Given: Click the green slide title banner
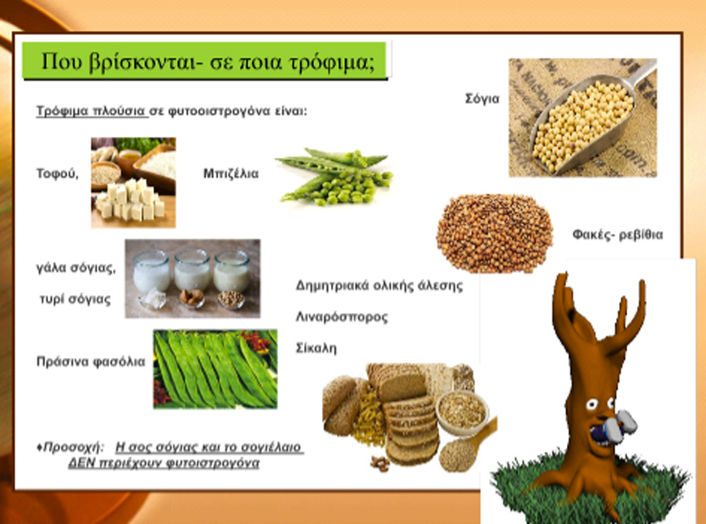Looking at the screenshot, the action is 205,60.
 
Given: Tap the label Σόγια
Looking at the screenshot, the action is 482,98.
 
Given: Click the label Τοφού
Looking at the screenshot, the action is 57,173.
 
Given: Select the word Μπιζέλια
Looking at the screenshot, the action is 231,173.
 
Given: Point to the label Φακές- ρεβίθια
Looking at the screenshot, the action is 618,234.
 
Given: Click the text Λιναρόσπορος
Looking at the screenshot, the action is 342,317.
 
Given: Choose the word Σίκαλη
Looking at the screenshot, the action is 316,348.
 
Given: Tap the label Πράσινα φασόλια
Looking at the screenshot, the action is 91,361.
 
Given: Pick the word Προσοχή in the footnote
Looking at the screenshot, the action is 73,448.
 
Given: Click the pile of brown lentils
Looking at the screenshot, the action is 495,234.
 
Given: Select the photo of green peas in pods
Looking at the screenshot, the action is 334,177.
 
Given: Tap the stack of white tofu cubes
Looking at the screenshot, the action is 130,199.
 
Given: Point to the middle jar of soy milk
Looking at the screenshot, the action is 192,270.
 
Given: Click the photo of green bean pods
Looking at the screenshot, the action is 216,369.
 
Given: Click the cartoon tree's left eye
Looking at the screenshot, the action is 591,404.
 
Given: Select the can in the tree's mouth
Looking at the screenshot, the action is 615,426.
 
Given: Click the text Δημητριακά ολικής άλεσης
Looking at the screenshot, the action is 379,286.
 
